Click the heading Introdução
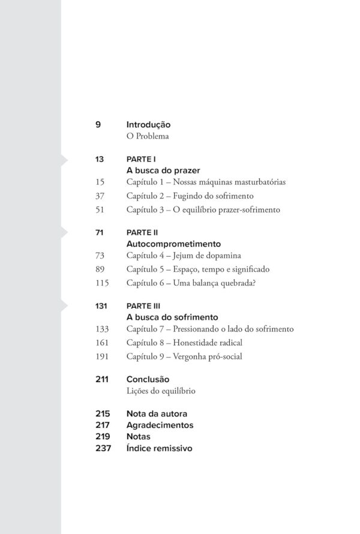coord(148,125)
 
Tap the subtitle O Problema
coord(147,136)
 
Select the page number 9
coord(98,125)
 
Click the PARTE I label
coord(141,160)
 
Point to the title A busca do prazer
coord(163,170)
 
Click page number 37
coord(100,196)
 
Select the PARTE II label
coord(142,233)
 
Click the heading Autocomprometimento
coord(174,244)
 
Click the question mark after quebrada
coord(255,284)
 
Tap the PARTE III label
coord(143,306)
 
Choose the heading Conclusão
coord(148,380)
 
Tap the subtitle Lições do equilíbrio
coord(161,391)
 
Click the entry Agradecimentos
coord(160,425)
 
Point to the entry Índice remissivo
coord(159,448)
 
